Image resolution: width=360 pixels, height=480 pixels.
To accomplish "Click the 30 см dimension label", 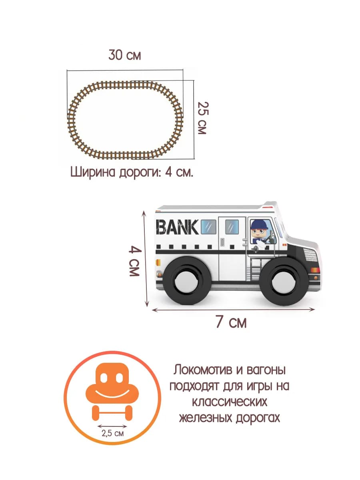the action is (124, 55).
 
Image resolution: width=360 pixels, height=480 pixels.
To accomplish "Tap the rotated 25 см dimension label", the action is (203, 118).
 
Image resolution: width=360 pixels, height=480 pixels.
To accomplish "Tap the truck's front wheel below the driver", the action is (284, 282).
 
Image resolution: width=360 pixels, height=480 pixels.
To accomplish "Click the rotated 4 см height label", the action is (135, 261).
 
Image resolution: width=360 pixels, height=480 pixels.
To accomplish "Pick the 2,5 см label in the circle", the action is (112, 433).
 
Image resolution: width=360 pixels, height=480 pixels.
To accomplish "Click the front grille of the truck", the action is (310, 255).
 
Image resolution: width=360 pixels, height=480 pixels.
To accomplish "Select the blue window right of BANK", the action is (208, 227).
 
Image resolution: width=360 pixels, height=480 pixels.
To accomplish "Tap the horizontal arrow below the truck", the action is (233, 310).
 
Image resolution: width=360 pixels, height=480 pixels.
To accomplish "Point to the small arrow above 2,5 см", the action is (112, 426).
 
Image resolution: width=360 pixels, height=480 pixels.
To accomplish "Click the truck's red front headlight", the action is (315, 270).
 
